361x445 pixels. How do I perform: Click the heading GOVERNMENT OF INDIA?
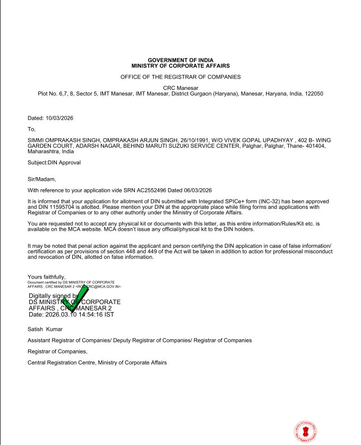[x=180, y=60]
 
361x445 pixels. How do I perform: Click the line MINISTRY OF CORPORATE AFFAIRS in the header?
[x=180, y=65]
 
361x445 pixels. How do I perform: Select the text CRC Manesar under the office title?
[x=180, y=88]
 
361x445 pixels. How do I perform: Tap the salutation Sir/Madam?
[x=41, y=179]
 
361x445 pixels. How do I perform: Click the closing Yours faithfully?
[x=47, y=276]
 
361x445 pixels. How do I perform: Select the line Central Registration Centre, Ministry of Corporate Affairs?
[x=97, y=363]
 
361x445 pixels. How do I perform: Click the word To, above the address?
[x=31, y=129]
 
